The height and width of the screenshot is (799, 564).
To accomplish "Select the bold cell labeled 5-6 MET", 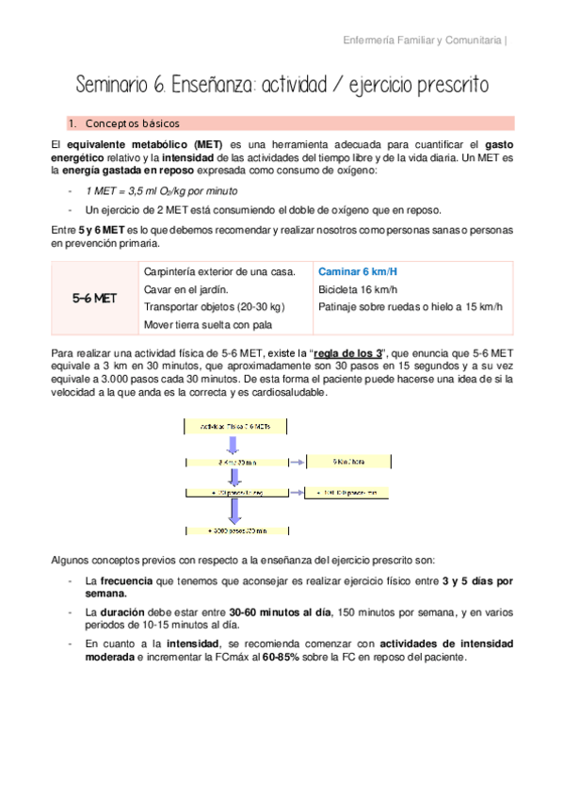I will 94,298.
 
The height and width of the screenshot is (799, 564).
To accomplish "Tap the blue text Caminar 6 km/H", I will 357,271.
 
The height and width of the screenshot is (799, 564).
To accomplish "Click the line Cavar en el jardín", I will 189,289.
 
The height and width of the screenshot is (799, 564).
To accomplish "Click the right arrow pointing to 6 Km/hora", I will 295,463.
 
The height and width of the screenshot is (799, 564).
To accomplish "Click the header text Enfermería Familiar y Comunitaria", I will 420,41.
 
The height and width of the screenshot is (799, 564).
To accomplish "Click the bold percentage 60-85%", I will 282,657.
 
